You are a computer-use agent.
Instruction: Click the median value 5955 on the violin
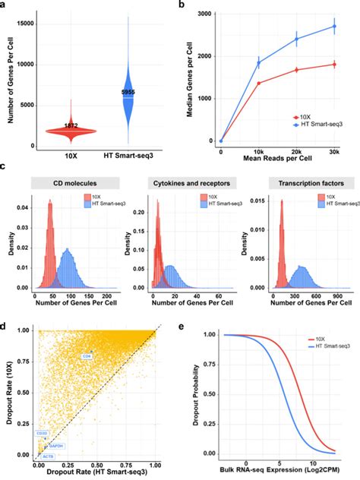[128, 92]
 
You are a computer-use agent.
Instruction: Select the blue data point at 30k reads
[334, 27]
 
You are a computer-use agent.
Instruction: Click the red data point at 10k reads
[258, 83]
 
